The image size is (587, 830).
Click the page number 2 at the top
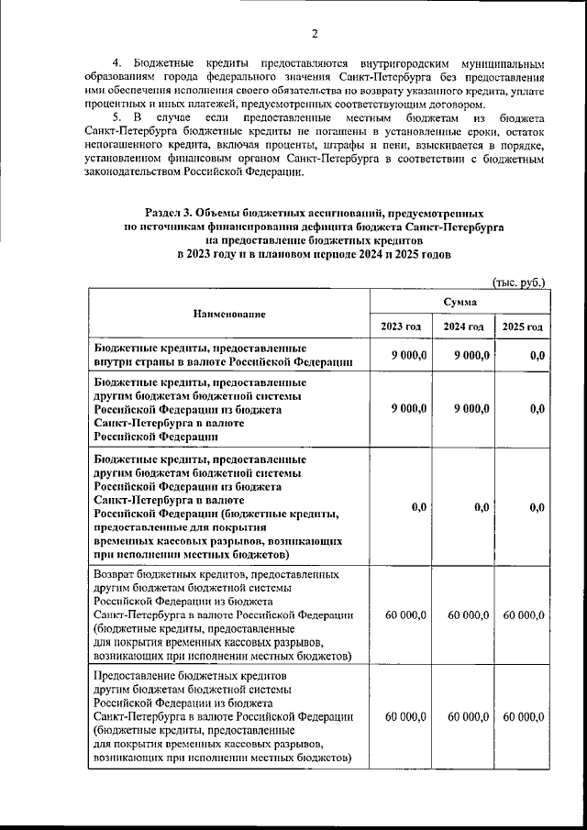tap(313, 34)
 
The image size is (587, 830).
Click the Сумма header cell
tap(459, 301)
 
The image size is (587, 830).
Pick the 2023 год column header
tap(401, 327)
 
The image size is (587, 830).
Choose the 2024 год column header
tap(463, 327)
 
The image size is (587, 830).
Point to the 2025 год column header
tap(521, 327)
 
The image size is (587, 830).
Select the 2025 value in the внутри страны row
tap(537, 356)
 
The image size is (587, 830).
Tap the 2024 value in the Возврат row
tap(468, 614)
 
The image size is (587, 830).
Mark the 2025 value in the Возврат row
tap(525, 614)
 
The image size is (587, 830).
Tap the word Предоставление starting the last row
tap(138, 676)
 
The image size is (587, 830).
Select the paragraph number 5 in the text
tap(116, 118)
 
